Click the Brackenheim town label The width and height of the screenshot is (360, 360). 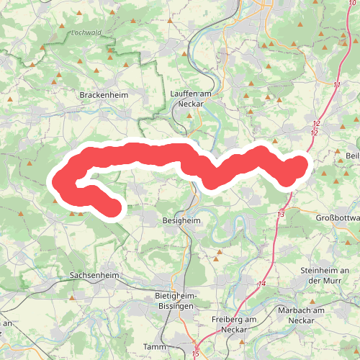pyautogui.click(x=104, y=95)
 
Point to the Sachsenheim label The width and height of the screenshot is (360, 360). pyautogui.click(x=94, y=276)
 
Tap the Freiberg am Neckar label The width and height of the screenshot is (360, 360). pyautogui.click(x=235, y=324)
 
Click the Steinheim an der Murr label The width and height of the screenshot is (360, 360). pyautogui.click(x=324, y=275)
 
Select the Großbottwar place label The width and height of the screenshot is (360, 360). pyautogui.click(x=338, y=217)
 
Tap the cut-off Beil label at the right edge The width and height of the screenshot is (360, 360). pyautogui.click(x=352, y=156)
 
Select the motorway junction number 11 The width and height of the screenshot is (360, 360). pyautogui.click(x=337, y=85)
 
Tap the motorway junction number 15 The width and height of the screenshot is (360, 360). pyautogui.click(x=195, y=354)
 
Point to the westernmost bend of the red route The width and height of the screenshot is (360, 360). pyautogui.click(x=59, y=179)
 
